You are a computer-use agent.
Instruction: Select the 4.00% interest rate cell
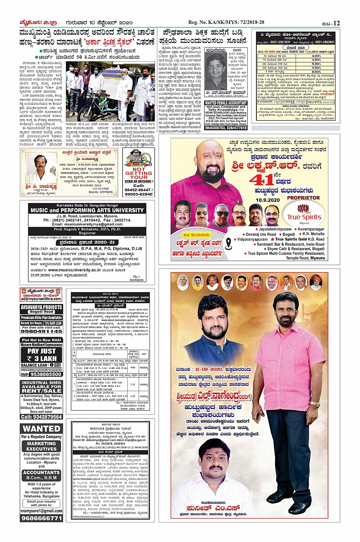(316, 56)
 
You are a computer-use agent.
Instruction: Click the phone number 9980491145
(41, 331)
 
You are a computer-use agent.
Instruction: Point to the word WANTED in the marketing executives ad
(41, 428)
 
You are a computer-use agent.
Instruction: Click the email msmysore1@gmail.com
(41, 511)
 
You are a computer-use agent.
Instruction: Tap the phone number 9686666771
(41, 518)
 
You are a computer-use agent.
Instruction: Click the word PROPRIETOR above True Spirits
(303, 198)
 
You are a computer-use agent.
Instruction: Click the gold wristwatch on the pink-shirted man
(315, 404)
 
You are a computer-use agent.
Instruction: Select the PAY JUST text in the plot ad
(42, 351)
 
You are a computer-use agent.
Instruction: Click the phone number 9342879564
(41, 417)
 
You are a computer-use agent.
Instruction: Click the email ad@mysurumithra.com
(41, 299)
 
